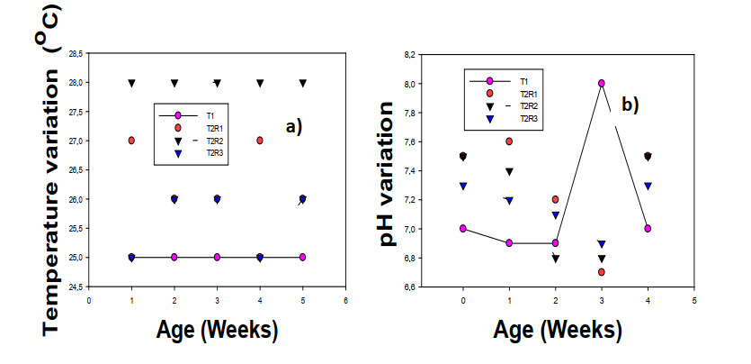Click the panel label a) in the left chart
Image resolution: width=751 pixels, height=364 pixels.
[x=293, y=126]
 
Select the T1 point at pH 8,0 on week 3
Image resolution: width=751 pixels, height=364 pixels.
[x=602, y=83]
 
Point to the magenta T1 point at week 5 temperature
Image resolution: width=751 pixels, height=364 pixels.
[x=303, y=257]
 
